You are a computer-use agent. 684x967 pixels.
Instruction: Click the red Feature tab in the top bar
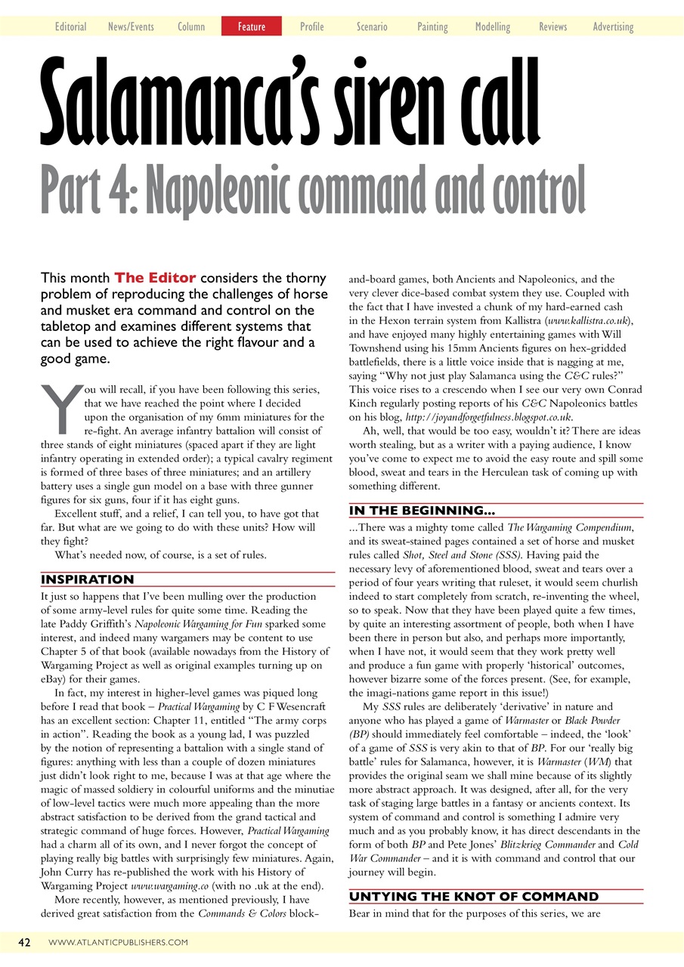pyautogui.click(x=251, y=26)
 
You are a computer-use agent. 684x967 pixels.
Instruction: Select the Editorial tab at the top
pyautogui.click(x=70, y=26)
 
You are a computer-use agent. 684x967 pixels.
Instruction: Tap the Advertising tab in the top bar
pyautogui.click(x=613, y=26)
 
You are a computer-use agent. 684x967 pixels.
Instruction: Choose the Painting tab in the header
pyautogui.click(x=432, y=26)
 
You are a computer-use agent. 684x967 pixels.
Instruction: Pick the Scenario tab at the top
pyautogui.click(x=372, y=26)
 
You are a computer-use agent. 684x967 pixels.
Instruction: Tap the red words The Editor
pyautogui.click(x=155, y=278)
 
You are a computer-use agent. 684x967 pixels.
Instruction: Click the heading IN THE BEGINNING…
pyautogui.click(x=422, y=511)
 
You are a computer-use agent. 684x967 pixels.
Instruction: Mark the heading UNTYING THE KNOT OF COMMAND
pyautogui.click(x=473, y=897)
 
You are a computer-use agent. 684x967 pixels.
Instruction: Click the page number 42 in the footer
pyautogui.click(x=24, y=942)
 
